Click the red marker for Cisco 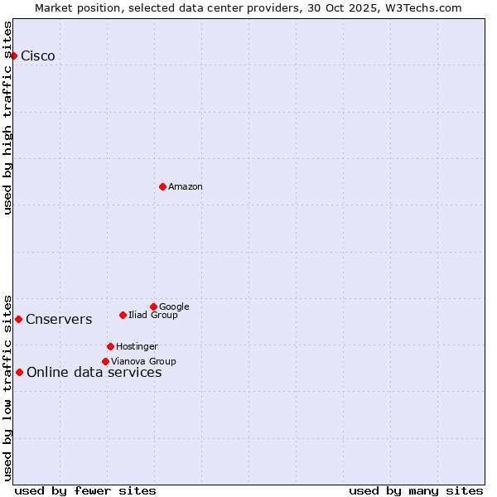pos(14,55)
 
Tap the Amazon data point pos(162,186)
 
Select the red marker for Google pos(153,306)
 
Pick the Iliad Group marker pos(123,315)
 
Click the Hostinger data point pos(110,346)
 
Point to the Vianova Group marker pos(105,361)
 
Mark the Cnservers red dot pos(18,319)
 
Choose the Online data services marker pos(19,372)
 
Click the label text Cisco pos(38,56)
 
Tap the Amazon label pos(186,187)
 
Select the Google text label pos(174,307)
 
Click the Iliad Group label pos(153,316)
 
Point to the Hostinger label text pos(137,347)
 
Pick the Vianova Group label pos(143,362)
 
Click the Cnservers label pos(59,320)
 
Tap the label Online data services pos(94,373)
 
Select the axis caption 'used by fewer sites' pos(85,490)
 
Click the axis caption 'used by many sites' pos(416,490)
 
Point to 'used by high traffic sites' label pos(8,118)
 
